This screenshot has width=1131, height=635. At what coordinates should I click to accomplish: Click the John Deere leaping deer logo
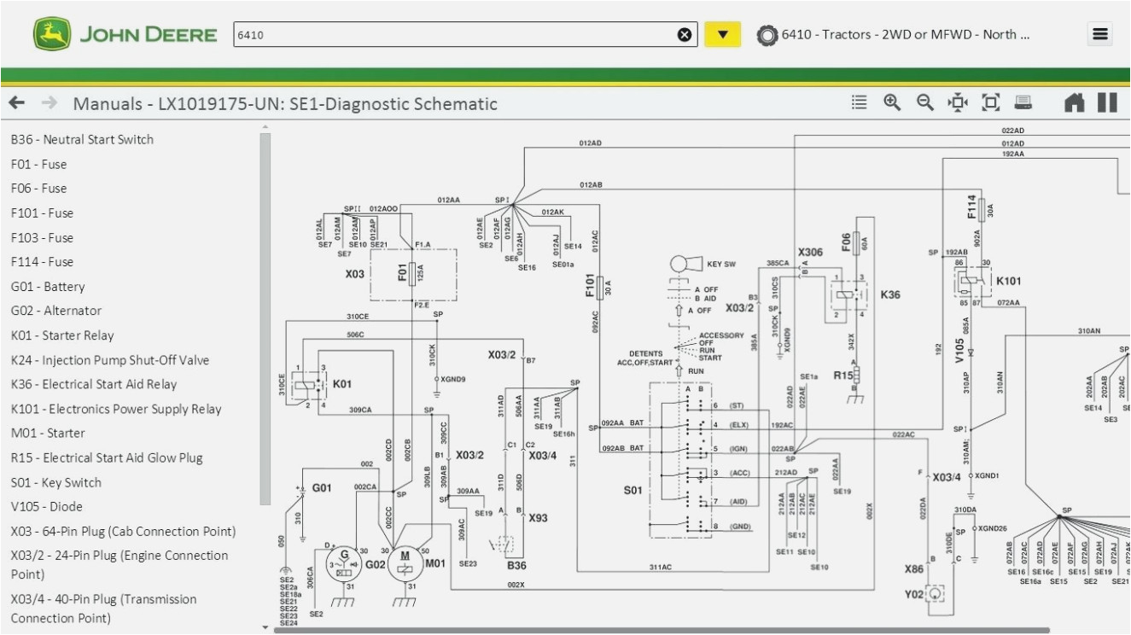52,35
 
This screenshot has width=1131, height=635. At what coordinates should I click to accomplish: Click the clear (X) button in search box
685,35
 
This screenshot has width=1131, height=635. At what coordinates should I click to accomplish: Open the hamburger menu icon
1099,34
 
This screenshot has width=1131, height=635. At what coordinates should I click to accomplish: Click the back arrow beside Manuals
17,103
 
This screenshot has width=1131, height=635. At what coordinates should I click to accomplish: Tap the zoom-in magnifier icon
892,103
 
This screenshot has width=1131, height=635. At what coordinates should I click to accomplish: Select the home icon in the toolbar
1074,103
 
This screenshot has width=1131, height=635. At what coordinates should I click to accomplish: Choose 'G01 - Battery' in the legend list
48,287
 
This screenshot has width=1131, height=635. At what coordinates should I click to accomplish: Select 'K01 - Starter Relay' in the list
62,335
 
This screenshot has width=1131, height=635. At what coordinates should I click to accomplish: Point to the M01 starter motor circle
405,563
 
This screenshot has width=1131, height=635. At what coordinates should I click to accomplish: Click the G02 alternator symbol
345,562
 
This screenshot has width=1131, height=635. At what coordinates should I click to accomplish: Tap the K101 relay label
1008,281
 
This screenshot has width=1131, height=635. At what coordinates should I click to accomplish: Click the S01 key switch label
633,490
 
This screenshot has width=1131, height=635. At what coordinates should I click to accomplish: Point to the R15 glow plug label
843,375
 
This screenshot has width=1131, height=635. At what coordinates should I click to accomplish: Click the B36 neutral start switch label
516,564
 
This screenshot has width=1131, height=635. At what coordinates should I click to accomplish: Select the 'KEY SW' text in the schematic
721,265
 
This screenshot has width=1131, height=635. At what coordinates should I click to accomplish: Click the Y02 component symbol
936,592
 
